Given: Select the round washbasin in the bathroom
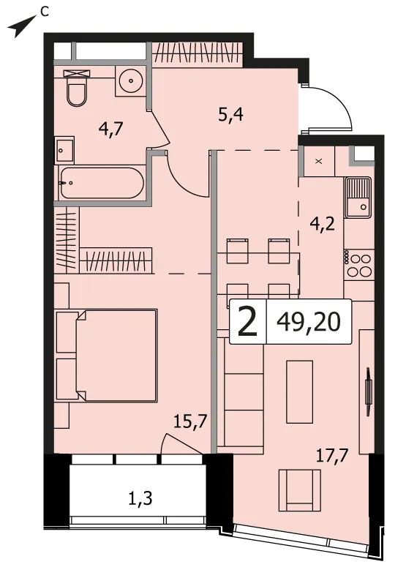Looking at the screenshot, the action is (x=131, y=80).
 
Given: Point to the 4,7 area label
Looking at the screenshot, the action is (x=110, y=130).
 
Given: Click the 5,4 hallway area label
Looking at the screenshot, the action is (x=230, y=116).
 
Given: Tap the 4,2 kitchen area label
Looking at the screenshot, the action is (x=323, y=223).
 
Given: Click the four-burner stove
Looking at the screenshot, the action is (x=359, y=265).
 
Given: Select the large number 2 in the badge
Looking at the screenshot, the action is (x=247, y=323).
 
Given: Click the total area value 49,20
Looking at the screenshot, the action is (x=309, y=323).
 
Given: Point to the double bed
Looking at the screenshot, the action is (x=106, y=356).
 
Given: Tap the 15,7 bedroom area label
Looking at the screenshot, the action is (x=190, y=421).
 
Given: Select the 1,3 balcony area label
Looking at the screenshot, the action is (x=140, y=499).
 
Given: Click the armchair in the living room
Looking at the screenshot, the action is (x=299, y=490).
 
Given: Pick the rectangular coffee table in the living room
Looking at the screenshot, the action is (x=299, y=391).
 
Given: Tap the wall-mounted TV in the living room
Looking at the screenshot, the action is (x=367, y=391).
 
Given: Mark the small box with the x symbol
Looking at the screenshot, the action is (x=319, y=161).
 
